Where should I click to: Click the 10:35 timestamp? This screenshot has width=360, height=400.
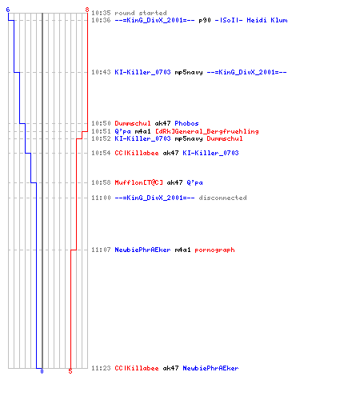pos(101,13)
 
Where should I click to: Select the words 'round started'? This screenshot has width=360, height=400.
pos(141,13)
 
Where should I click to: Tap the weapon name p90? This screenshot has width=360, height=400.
pos(205,20)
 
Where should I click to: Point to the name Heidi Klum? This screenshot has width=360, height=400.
pos(267,20)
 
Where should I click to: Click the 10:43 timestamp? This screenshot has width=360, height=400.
pos(101,72)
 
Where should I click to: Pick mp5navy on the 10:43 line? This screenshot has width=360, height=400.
pos(189,72)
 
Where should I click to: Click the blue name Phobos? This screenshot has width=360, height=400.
pos(186,123)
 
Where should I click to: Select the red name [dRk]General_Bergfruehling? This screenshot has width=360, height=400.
pos(207,131)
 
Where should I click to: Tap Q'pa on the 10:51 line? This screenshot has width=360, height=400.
pos(122,131)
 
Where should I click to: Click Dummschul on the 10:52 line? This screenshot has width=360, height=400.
pos(225,138)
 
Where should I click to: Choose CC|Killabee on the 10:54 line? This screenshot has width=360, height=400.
pos(137,153)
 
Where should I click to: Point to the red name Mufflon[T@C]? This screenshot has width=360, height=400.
pos(139,182)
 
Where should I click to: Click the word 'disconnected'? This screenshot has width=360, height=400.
pos(222,198)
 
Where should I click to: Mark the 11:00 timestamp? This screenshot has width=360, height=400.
pos(101,198)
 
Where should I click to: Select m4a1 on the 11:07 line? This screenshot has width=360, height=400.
pos(182,250)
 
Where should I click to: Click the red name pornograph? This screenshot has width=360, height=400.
pos(214,250)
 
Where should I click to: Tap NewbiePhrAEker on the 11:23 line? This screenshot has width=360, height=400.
pos(210,368)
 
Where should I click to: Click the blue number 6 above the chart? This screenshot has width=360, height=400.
pos(8,10)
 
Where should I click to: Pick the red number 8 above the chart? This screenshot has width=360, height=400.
pos(87,10)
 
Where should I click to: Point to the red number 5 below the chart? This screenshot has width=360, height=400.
pos(70,371)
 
